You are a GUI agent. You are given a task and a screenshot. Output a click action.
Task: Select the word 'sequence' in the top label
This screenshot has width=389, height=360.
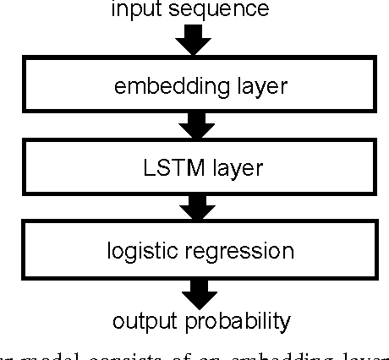click(224, 9)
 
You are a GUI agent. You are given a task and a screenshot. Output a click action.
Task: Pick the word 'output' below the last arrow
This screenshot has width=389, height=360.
click(145, 321)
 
